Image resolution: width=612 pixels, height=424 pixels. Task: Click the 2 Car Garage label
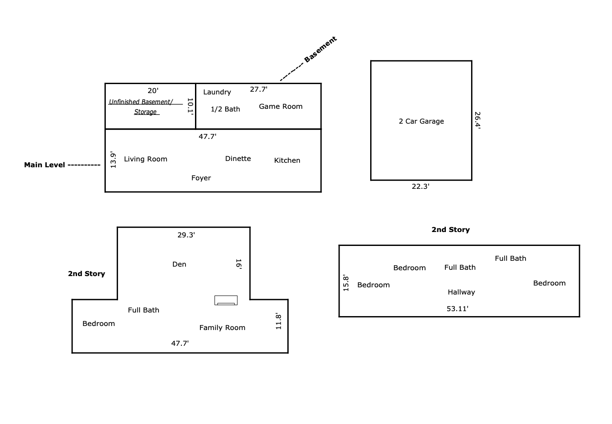[422, 121]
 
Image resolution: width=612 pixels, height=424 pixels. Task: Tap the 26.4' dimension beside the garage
[477, 120]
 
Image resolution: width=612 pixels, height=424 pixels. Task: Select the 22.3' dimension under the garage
[421, 186]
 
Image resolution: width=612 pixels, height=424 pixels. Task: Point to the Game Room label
[281, 106]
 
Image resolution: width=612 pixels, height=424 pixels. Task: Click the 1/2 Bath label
[226, 109]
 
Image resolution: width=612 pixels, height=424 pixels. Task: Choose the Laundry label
[217, 92]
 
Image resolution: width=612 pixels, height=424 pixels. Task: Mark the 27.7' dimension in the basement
[258, 89]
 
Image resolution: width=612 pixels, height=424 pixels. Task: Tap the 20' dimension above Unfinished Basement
[153, 90]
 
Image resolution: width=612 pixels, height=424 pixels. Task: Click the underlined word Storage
[145, 112]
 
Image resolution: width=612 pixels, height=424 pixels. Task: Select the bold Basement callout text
[321, 49]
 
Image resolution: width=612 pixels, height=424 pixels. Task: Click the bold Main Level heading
[45, 165]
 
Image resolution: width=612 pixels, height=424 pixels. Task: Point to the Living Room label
[145, 159]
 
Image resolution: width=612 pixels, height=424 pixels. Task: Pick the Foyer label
[201, 178]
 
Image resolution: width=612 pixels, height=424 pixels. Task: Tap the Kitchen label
[287, 160]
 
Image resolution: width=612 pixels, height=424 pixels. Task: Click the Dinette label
[238, 159]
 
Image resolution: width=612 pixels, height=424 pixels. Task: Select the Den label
[179, 264]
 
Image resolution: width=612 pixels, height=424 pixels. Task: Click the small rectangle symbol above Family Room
[226, 300]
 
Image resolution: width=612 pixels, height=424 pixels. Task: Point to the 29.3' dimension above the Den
[186, 235]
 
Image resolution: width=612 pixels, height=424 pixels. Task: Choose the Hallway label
[462, 292]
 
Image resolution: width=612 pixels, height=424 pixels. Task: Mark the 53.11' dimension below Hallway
[458, 308]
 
